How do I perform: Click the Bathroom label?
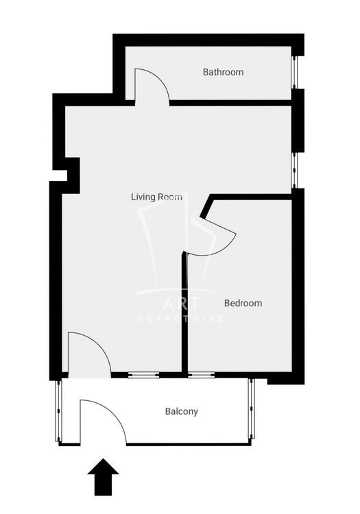click(x=223, y=72)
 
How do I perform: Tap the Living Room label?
click(x=156, y=197)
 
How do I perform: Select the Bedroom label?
click(x=243, y=303)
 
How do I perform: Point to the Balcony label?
click(x=181, y=412)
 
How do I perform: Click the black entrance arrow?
click(x=104, y=477)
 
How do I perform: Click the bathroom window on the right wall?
click(x=294, y=72)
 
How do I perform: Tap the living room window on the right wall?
click(x=294, y=170)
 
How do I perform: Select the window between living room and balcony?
click(x=143, y=375)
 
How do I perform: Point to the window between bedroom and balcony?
click(x=202, y=375)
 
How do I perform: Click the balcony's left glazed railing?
click(x=58, y=411)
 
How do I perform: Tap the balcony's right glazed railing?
click(x=252, y=408)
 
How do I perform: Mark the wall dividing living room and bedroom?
click(x=184, y=313)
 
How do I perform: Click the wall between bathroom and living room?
click(x=230, y=103)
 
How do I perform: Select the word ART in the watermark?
click(x=181, y=304)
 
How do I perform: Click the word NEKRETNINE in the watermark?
click(x=181, y=319)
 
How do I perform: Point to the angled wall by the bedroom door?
click(x=206, y=206)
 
